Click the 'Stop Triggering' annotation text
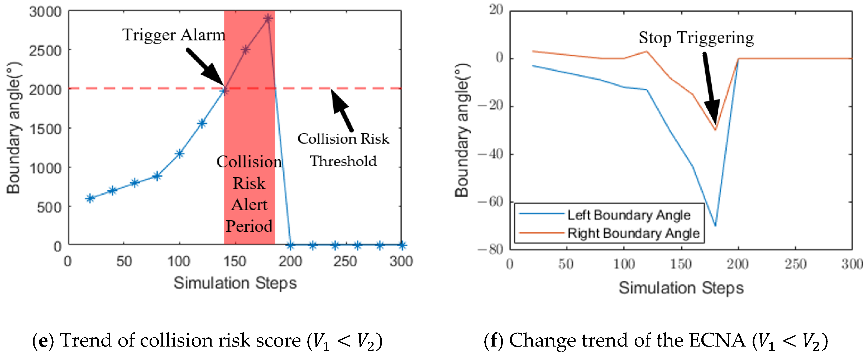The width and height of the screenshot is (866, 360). pyautogui.click(x=696, y=38)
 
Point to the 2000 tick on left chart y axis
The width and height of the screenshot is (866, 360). pyautogui.click(x=45, y=90)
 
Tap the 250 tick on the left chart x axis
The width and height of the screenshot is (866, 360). pyautogui.click(x=345, y=261)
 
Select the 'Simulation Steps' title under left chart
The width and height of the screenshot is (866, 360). pyautogui.click(x=235, y=283)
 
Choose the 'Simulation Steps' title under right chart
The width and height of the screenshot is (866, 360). pyautogui.click(x=681, y=288)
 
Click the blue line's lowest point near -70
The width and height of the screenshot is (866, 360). pyautogui.click(x=715, y=225)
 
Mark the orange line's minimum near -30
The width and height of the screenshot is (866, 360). pyautogui.click(x=715, y=130)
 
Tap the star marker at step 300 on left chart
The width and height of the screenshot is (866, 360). pyautogui.click(x=402, y=245)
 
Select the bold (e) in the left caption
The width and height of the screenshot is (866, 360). pyautogui.click(x=43, y=341)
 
